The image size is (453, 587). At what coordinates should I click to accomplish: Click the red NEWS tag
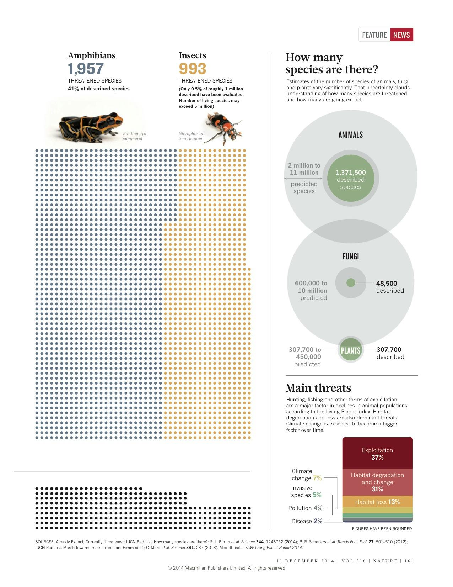click(x=401, y=35)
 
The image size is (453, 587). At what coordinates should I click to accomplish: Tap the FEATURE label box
click(x=374, y=35)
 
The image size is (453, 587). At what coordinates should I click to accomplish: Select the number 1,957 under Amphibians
click(x=86, y=69)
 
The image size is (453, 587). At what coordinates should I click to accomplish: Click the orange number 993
click(x=192, y=69)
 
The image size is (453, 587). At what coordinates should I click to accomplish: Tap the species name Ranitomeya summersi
click(x=134, y=136)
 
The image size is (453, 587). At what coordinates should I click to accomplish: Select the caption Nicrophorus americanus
click(x=191, y=136)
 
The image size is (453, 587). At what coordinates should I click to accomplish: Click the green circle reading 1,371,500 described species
click(x=351, y=178)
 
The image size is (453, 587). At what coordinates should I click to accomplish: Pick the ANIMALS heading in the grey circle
click(x=351, y=135)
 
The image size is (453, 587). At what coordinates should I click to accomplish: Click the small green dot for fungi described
click(x=351, y=283)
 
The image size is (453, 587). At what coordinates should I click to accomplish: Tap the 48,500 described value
click(x=390, y=287)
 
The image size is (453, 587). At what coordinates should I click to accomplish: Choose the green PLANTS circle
click(x=351, y=350)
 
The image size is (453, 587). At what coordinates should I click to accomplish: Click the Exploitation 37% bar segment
click(x=377, y=453)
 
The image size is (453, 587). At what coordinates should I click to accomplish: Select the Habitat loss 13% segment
click(x=377, y=502)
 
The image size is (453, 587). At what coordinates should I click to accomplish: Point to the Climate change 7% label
click(x=306, y=475)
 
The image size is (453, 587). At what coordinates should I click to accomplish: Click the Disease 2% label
click(x=307, y=521)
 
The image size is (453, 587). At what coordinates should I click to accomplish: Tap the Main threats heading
click(x=318, y=388)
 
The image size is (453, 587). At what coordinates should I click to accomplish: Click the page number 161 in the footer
click(x=409, y=561)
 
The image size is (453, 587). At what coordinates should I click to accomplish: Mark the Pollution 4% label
click(x=305, y=508)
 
